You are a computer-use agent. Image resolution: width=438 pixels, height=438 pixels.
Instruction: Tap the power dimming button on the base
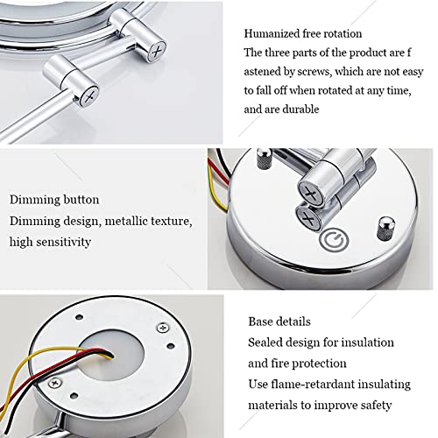334,240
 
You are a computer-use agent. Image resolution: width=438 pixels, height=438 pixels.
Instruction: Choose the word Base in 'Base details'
260,321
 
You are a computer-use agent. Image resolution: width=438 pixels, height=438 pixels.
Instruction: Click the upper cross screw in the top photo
157,53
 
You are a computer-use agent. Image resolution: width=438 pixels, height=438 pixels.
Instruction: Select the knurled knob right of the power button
386,229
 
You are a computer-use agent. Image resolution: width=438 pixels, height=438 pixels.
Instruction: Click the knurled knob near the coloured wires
265,159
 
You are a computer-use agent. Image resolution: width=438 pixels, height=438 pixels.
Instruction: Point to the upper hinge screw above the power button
311,193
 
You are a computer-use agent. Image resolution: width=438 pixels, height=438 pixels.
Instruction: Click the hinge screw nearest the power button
308,218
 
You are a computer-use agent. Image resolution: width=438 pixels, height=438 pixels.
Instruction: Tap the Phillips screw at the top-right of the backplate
163,328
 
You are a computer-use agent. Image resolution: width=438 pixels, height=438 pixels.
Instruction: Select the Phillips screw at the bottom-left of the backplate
55,383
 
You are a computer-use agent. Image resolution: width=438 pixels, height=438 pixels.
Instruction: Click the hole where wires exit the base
111,356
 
